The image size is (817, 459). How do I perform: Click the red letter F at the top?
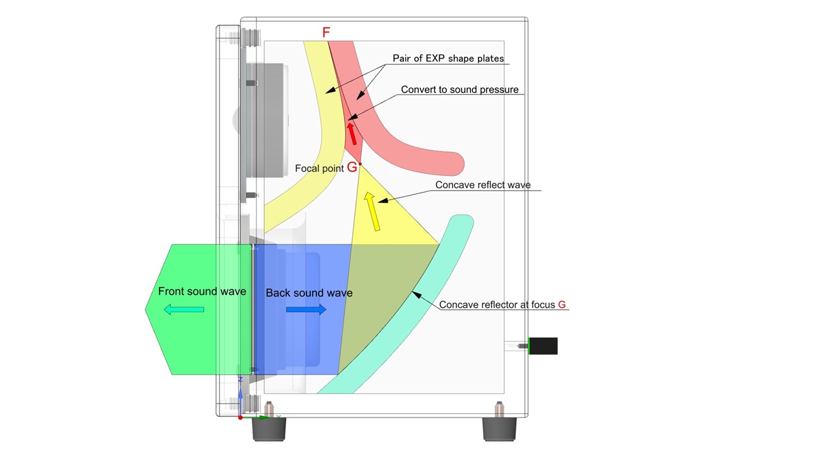point(326,33)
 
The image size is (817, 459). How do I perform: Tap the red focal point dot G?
point(360,164)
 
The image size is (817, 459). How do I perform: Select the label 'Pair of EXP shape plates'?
point(448,59)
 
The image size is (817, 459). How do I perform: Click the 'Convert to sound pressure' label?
point(460,90)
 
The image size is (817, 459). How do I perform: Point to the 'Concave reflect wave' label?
point(483,186)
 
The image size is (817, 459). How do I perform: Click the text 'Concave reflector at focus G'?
point(502,305)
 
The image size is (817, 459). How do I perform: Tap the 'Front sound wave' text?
point(202,291)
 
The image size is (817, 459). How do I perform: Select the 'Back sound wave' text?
point(309,293)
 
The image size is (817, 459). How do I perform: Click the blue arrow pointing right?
point(306,310)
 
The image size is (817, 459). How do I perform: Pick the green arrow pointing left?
point(184,310)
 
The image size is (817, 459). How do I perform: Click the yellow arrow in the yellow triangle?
point(371,211)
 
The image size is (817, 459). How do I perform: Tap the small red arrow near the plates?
point(351,133)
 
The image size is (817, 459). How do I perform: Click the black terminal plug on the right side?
point(543,346)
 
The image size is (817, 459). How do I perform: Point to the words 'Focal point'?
point(319,169)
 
